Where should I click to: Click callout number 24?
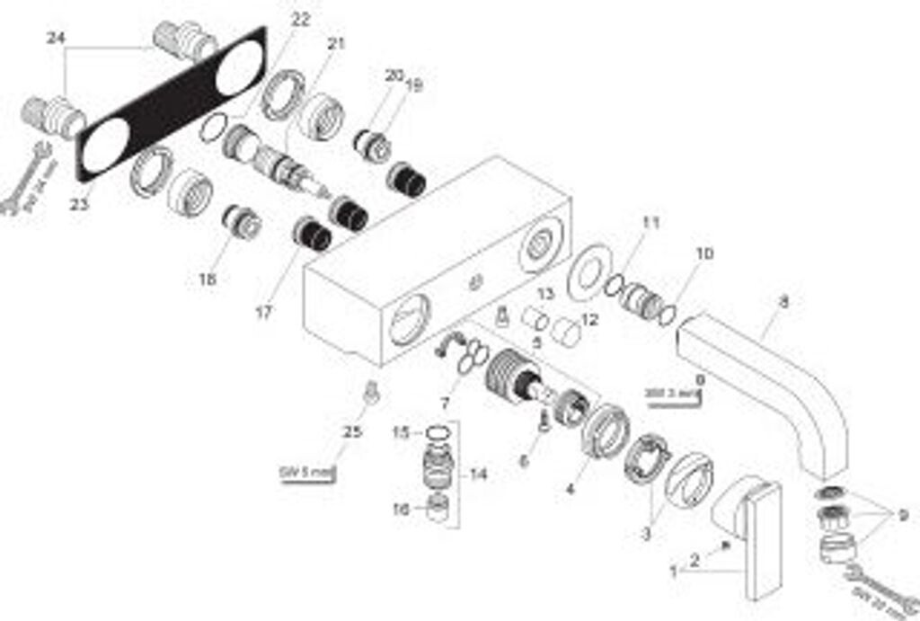pos(56,38)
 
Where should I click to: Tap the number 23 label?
pos(78,205)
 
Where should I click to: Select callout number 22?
pos(301,19)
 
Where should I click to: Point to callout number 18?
pos(208,279)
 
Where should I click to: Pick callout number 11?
pos(650,222)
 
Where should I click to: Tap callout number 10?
pos(704,254)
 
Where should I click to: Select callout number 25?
pos(353,432)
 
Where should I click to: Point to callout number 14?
pos(480,474)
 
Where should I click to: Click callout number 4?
pos(570,490)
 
